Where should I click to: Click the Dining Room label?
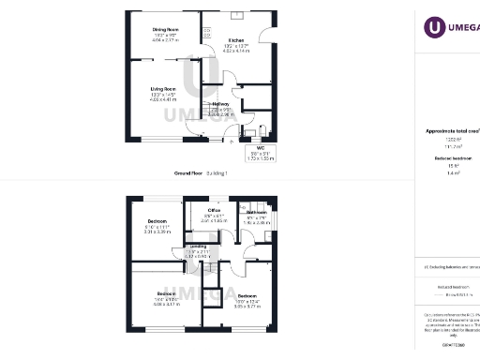(165, 29)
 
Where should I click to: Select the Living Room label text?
(164, 89)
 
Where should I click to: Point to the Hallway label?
(220, 103)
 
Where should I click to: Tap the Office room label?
(214, 209)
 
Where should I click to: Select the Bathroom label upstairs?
(256, 212)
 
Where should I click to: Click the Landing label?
(198, 246)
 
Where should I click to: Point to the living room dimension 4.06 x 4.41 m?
(164, 100)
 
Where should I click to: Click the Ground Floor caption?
(188, 173)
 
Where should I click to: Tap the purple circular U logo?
(434, 28)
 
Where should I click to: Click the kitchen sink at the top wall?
(236, 16)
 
